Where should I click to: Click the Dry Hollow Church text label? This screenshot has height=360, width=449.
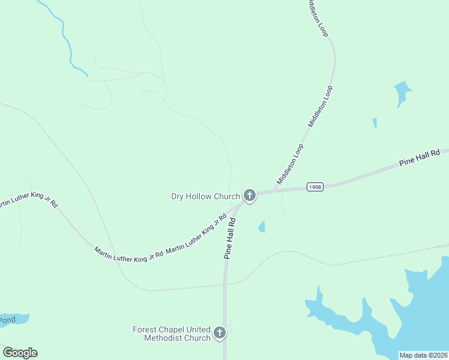[205, 196]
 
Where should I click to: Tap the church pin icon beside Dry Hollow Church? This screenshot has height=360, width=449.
[249, 196]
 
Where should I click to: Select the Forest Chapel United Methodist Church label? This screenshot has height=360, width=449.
[172, 334]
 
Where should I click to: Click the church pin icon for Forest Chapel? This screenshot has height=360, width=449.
[220, 333]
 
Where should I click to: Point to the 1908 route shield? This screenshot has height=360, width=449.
[315, 187]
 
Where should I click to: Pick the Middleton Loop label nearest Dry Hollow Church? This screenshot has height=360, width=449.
[291, 164]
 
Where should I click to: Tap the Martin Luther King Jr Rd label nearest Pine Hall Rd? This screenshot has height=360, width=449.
[199, 231]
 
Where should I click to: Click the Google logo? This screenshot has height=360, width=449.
[20, 353]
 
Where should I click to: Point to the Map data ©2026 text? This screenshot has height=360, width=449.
[424, 355]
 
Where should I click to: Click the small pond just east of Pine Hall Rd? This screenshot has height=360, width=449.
[262, 226]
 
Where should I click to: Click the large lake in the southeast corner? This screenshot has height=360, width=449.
[414, 312]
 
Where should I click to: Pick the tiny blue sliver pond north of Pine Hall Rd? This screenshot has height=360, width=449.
[375, 123]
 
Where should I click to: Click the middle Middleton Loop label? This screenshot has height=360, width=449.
[320, 106]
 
